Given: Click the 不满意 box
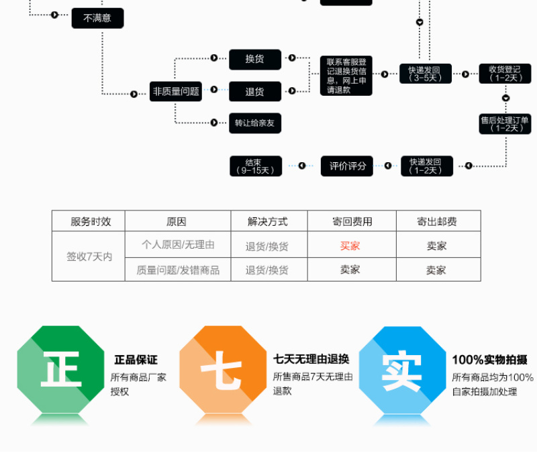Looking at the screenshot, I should pos(97,18).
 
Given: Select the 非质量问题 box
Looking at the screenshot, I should pos(176,91).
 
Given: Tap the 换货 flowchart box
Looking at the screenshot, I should pos(254,59).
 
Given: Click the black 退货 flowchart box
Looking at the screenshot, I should pos(254,91).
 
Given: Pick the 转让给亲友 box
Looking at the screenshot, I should pos(254,123).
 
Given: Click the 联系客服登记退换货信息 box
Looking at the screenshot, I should pos(346,76).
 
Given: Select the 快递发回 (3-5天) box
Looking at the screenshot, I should pos(426,74).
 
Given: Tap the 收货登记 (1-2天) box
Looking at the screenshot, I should pos(505,74).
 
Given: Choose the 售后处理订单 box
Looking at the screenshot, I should pos(505,124).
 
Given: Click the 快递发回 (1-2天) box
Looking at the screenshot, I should pos(426,166).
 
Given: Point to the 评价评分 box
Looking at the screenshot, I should pos(348,166).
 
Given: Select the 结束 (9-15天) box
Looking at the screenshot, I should pos(255,166).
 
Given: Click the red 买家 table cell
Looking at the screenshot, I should pos(350,246).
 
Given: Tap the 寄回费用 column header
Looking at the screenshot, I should pos(352,222).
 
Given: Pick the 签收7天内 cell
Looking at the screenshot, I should pos(89,257).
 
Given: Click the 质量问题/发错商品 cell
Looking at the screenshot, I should pos(178,270).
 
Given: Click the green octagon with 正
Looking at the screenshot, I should pos(61,369).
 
